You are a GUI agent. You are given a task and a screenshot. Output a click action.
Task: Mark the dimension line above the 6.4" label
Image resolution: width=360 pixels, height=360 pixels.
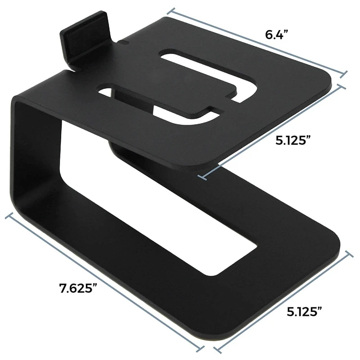click(259, 40)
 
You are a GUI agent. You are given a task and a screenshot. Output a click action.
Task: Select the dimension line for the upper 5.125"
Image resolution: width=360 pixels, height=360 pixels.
click(274, 130)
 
